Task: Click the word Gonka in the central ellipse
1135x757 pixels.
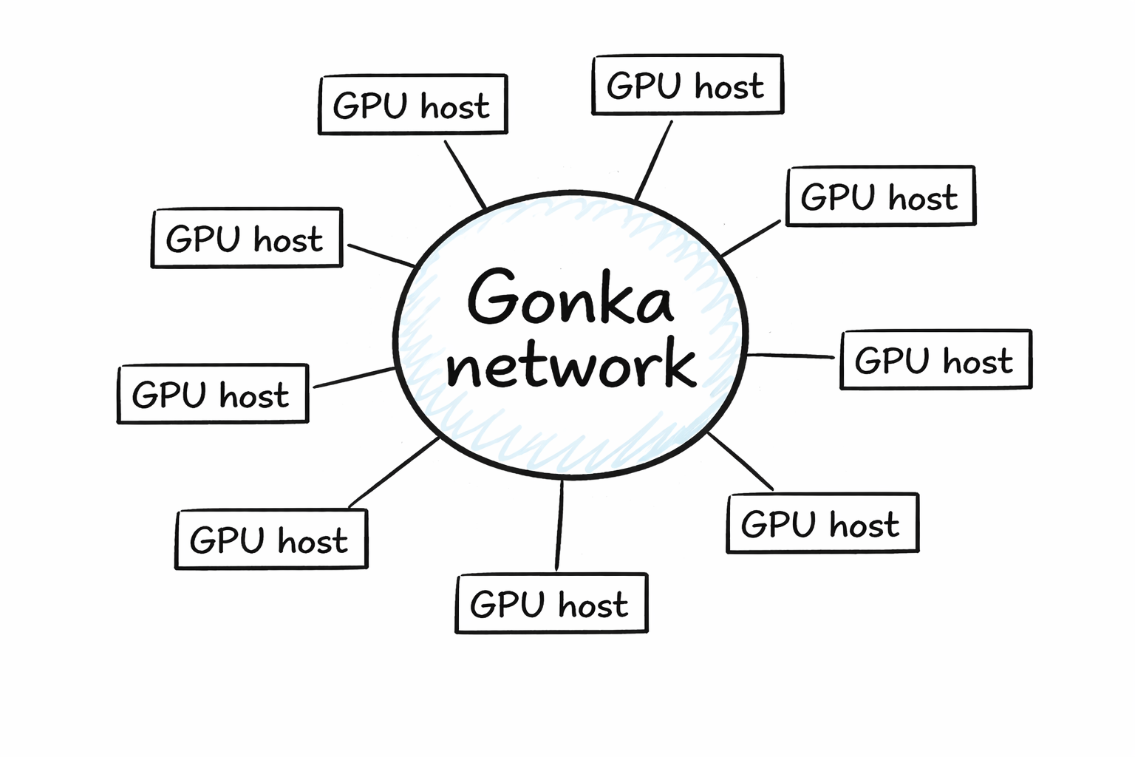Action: [570, 298]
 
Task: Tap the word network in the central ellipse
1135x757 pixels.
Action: [571, 364]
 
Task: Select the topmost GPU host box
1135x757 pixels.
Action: [687, 85]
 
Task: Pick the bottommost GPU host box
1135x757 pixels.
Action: [551, 603]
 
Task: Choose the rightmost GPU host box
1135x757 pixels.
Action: [935, 360]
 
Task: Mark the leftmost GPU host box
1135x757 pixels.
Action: [213, 394]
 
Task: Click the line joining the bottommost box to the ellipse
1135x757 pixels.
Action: [559, 525]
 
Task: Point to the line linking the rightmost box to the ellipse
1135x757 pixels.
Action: [791, 356]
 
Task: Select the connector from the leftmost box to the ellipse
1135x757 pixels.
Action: [355, 377]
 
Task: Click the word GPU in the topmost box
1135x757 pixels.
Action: [644, 86]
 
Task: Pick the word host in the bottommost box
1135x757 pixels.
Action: [593, 605]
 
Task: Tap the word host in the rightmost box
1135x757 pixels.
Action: [978, 361]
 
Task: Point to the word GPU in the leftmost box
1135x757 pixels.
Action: [168, 395]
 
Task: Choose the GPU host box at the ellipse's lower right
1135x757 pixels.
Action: [822, 523]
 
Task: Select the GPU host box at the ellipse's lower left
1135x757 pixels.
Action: [271, 540]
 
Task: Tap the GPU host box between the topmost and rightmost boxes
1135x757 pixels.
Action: [881, 197]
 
